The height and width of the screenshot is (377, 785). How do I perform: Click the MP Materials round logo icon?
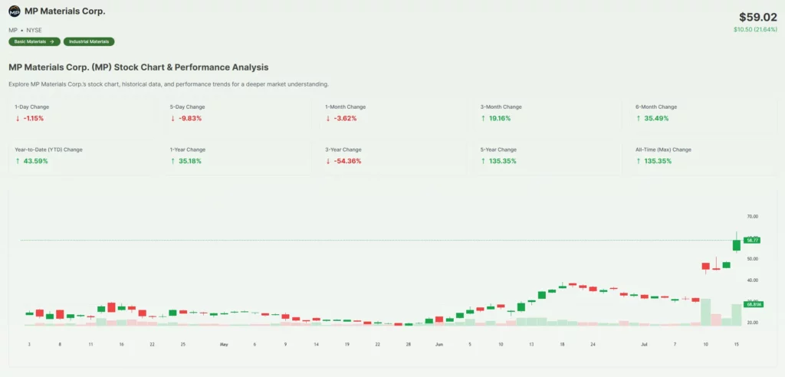[15, 11]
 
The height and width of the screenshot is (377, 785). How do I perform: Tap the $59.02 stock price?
[757, 16]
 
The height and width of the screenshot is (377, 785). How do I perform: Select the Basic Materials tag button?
[34, 41]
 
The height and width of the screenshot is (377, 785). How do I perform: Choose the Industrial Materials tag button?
[89, 41]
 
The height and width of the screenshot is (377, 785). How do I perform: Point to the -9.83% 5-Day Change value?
[189, 119]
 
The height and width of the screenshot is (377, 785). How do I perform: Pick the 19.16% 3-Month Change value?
[499, 119]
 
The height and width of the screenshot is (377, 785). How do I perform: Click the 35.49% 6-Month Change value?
[654, 119]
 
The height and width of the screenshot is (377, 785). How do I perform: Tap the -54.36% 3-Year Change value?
[344, 161]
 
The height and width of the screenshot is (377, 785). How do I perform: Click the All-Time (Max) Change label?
[663, 149]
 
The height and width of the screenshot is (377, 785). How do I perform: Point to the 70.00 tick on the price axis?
[751, 217]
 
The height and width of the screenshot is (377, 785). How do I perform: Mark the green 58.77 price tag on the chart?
[752, 241]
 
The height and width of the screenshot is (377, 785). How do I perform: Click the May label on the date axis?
[224, 345]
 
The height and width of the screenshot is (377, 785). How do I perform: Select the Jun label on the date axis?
[439, 345]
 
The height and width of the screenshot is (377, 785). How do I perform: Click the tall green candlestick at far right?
[737, 244]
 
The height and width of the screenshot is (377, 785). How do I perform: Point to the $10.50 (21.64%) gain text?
[755, 29]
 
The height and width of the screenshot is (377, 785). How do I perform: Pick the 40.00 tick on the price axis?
[751, 280]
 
